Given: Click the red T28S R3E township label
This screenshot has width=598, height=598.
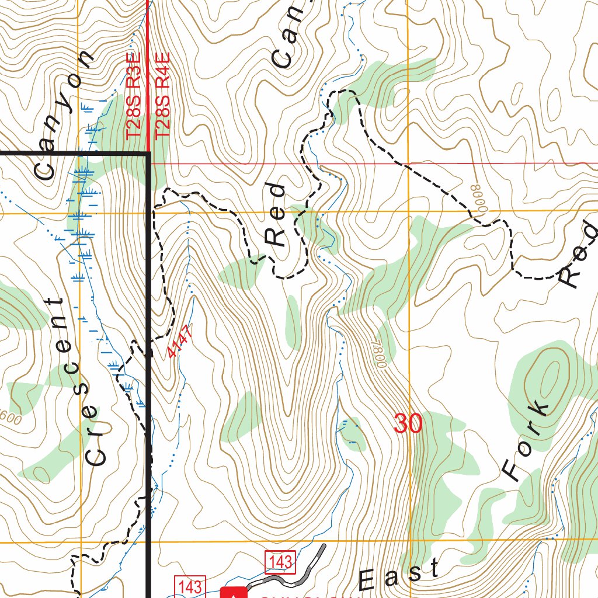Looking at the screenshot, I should [x=134, y=97].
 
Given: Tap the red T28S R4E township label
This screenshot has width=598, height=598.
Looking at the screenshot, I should [x=163, y=95].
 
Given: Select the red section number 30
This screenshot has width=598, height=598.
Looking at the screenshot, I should [x=408, y=423].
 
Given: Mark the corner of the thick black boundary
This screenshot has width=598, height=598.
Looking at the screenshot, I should [x=148, y=154].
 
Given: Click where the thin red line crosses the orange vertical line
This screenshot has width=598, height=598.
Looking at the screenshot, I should [x=408, y=164].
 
